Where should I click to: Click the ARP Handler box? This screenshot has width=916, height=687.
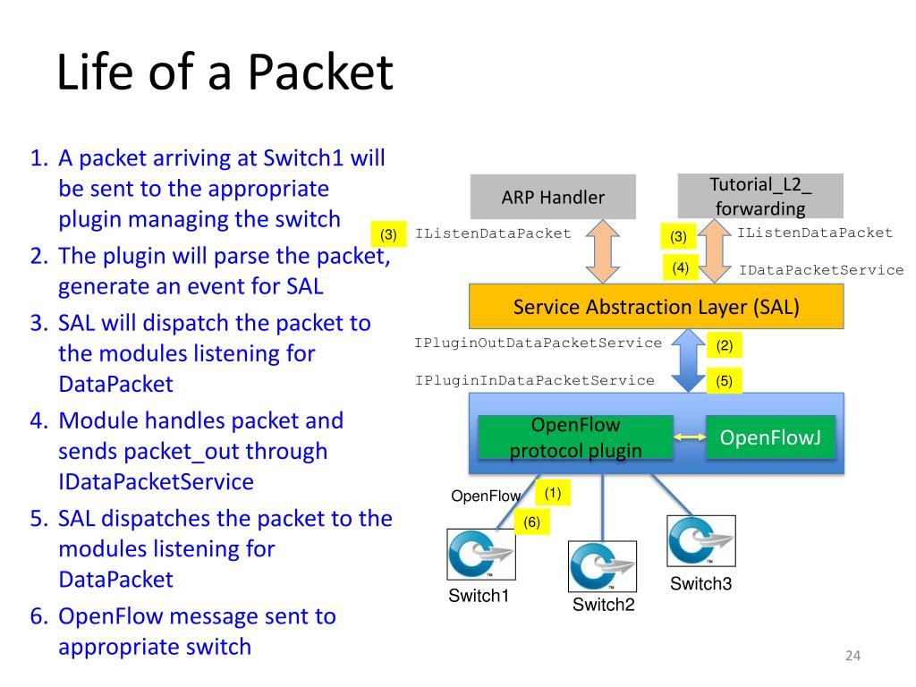click(x=553, y=196)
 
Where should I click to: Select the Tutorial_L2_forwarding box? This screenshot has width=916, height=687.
click(x=760, y=196)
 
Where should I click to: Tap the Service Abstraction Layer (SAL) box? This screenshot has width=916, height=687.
click(x=656, y=307)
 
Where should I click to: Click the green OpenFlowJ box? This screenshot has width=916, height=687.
click(x=770, y=437)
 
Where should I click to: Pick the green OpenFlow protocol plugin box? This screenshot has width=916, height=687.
click(x=575, y=437)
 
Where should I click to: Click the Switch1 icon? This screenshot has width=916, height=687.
click(x=480, y=555)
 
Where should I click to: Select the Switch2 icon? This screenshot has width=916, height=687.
click(x=602, y=566)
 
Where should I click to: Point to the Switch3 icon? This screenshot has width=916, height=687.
click(x=701, y=541)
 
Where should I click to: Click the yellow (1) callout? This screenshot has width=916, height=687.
click(x=553, y=493)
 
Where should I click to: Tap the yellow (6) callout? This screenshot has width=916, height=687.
click(x=531, y=522)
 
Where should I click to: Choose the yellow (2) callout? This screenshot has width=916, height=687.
click(x=725, y=344)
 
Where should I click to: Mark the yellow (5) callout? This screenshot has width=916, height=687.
click(x=725, y=381)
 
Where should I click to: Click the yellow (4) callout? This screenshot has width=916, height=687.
click(x=681, y=267)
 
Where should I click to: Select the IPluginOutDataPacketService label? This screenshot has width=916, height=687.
click(x=538, y=343)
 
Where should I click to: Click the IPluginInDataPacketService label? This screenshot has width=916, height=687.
click(x=535, y=380)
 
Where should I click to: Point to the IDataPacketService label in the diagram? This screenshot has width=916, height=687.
click(x=821, y=270)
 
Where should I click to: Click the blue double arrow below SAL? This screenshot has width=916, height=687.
click(x=689, y=360)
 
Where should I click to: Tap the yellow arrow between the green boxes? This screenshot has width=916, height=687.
click(x=690, y=437)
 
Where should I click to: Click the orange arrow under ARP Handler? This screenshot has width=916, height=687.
click(x=602, y=251)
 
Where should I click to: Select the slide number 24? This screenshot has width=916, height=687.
click(x=852, y=656)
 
